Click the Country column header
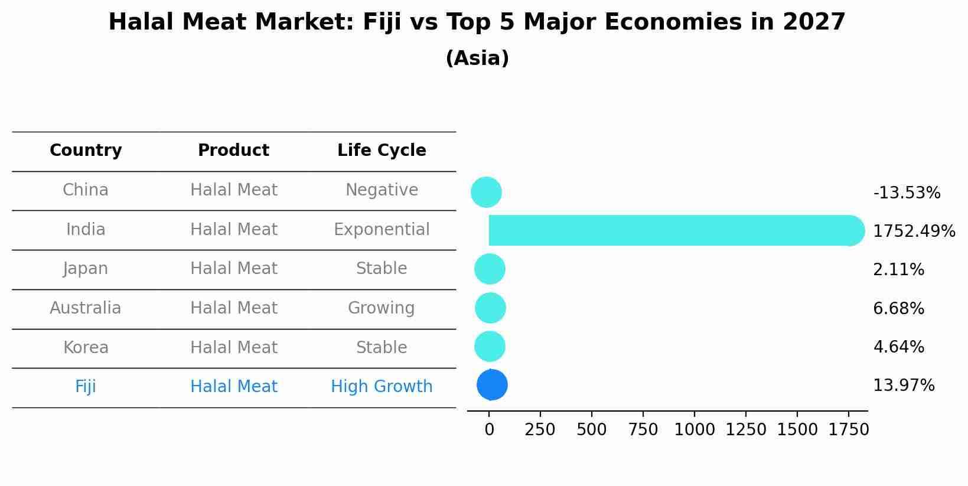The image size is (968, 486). (86, 151)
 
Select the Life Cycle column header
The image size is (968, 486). (382, 151)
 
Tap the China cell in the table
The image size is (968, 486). (86, 190)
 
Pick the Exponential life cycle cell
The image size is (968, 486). (382, 230)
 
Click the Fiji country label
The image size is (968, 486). (86, 387)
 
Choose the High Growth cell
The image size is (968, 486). (382, 387)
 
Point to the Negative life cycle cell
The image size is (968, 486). (382, 190)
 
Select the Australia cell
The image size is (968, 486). (86, 308)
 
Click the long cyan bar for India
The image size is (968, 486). (667, 231)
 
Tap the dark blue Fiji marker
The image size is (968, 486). (492, 385)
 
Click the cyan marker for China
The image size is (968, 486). (486, 193)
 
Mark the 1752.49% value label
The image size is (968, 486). (914, 231)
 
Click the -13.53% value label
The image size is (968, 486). (907, 193)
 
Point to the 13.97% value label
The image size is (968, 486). (904, 386)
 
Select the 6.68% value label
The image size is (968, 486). (898, 309)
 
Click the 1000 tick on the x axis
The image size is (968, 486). (695, 430)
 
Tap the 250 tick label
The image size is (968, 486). (540, 430)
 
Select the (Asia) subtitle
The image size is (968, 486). (477, 58)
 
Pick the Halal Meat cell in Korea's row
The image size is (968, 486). (234, 348)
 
